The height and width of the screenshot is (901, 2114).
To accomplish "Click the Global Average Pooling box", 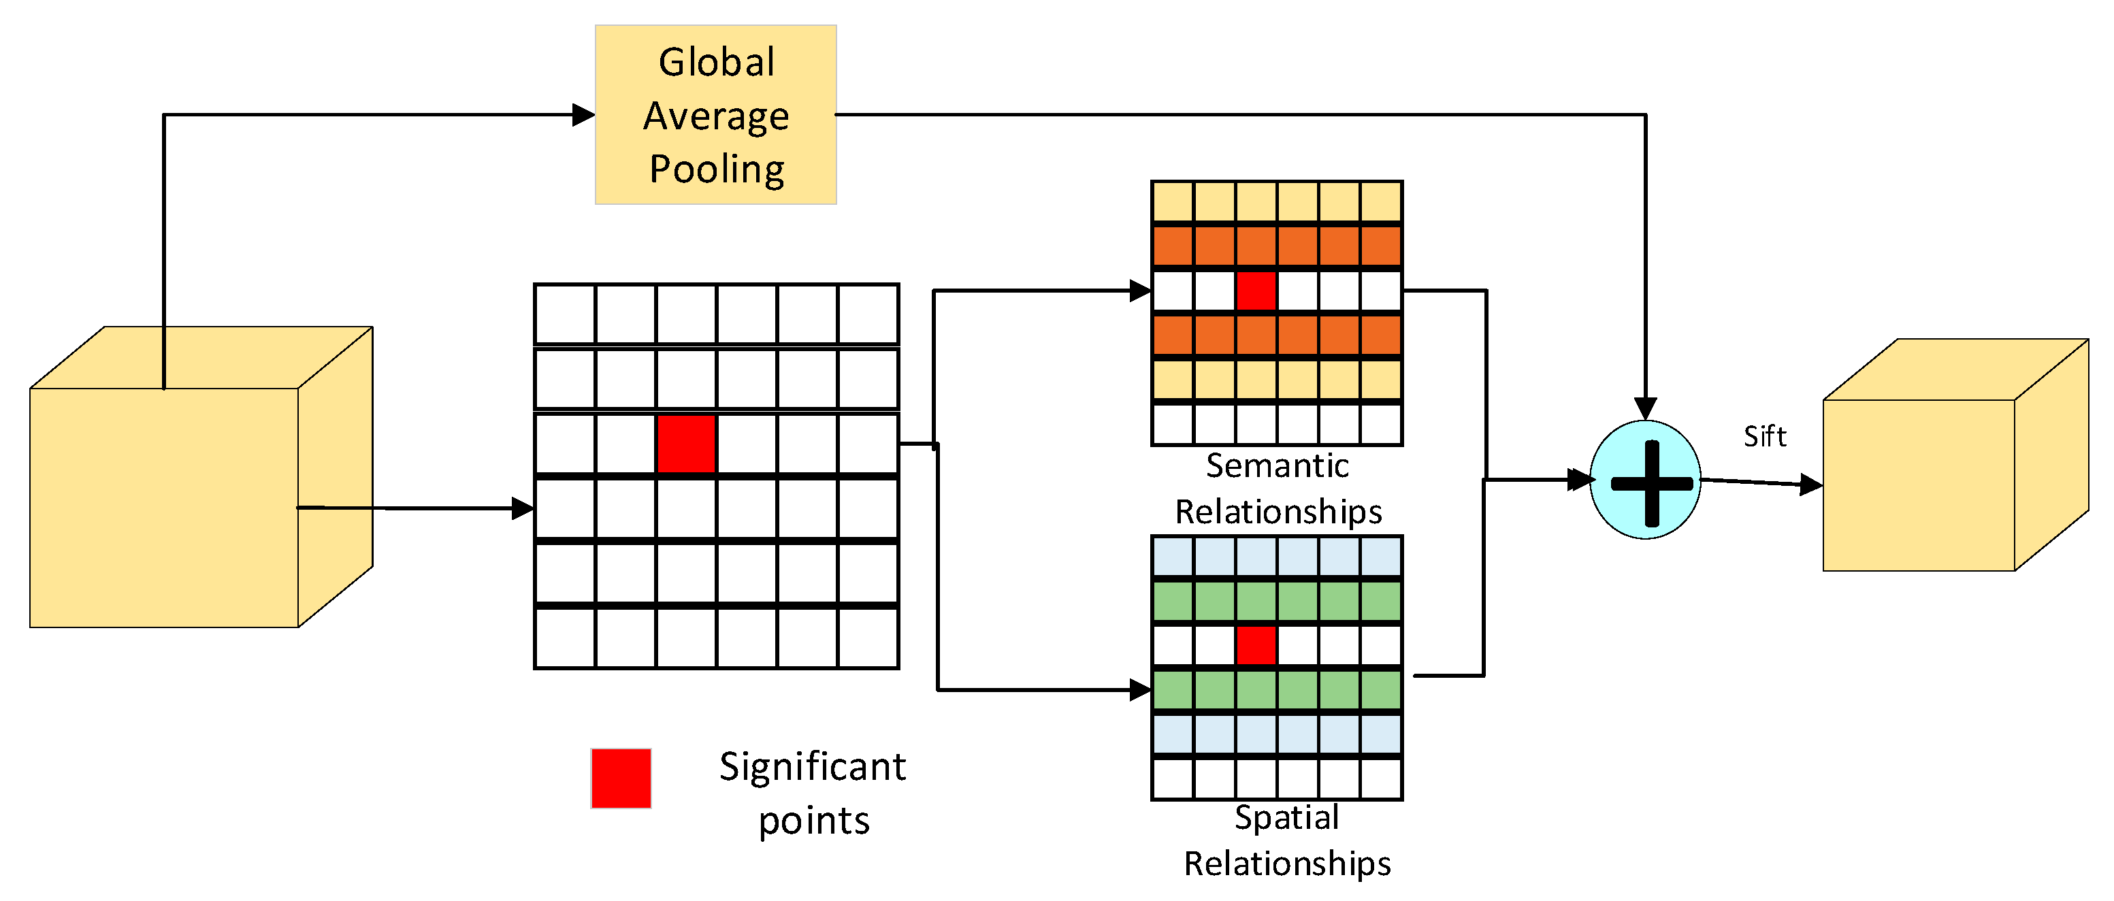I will (715, 114).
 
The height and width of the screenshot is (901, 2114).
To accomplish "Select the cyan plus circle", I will (1646, 480).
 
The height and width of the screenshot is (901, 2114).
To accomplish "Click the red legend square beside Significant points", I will (621, 778).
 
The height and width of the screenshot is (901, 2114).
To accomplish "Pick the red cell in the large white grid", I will (686, 444).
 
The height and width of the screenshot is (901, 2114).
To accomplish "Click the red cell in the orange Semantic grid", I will (1256, 291).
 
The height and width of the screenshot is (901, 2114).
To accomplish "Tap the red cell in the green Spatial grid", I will (1256, 645).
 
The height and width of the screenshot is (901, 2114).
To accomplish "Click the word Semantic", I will (1277, 465).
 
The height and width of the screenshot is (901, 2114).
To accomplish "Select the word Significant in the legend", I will (813, 767).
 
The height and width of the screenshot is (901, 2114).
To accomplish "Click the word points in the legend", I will (813, 821).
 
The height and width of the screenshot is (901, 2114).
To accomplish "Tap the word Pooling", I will (717, 169).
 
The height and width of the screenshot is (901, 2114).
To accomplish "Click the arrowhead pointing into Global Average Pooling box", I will (583, 115).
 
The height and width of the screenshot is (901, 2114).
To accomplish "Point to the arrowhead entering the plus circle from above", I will (1646, 408).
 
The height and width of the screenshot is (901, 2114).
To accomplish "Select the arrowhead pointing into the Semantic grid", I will (1141, 291).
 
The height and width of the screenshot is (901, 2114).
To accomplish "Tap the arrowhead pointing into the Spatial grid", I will (1141, 690).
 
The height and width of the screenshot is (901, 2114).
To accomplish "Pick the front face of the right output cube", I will (1919, 485).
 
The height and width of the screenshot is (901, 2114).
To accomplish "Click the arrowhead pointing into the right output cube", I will (1811, 485).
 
